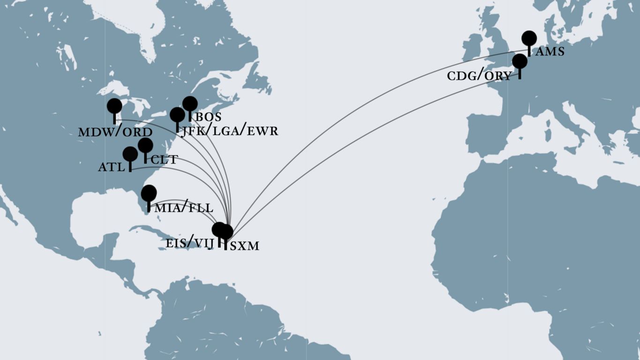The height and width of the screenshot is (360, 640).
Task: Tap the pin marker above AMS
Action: click(529, 38)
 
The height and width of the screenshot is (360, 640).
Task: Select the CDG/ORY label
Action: click(479, 76)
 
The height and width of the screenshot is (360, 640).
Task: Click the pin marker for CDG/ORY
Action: click(520, 61)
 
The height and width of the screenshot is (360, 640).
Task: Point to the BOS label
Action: click(208, 117)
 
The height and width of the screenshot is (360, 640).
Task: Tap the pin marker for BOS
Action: click(190, 104)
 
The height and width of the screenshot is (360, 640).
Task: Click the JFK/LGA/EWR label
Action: click(230, 131)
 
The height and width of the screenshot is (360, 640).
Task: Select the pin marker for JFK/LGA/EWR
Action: click(177, 114)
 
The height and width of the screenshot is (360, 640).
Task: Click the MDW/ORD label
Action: click(115, 132)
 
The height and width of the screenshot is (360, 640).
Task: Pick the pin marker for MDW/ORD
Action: click(114, 106)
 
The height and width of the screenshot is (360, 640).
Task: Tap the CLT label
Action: click(164, 159)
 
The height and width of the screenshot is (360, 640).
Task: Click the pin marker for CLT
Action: click(145, 145)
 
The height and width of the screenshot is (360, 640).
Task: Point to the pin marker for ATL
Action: click(130, 154)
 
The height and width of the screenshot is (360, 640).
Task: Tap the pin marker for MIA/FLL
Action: click(149, 193)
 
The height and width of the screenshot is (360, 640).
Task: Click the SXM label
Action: click(244, 246)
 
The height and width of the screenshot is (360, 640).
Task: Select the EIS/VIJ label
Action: click(189, 243)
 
